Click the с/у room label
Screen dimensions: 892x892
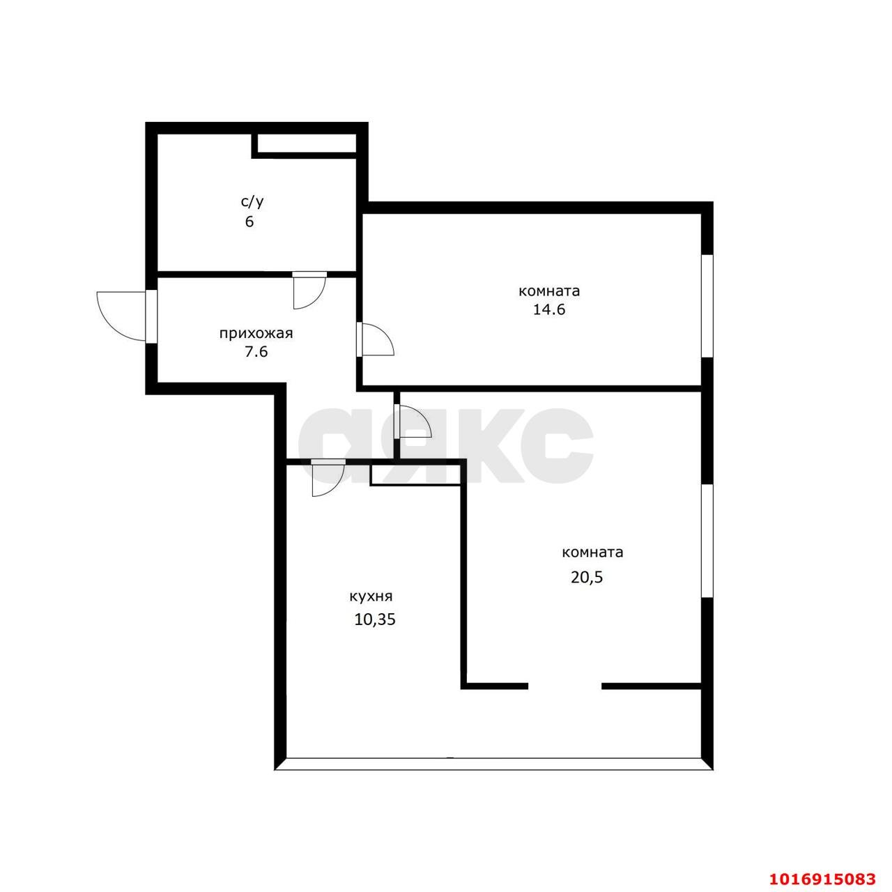pyautogui.click(x=252, y=202)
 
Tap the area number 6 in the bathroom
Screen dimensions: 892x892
pyautogui.click(x=249, y=222)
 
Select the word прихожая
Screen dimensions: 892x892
pyautogui.click(x=256, y=334)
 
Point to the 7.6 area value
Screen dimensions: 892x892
pyautogui.click(x=256, y=352)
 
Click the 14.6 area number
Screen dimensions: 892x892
pyautogui.click(x=549, y=309)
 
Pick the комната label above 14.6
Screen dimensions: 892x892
pyautogui.click(x=549, y=291)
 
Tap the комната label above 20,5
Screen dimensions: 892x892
pyautogui.click(x=592, y=553)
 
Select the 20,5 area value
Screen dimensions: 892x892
pyautogui.click(x=587, y=578)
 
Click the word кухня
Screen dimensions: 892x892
pyautogui.click(x=371, y=597)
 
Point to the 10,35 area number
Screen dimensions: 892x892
pyautogui.click(x=375, y=620)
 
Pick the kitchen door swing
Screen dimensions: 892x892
pyautogui.click(x=328, y=479)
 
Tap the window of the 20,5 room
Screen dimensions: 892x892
pyautogui.click(x=707, y=541)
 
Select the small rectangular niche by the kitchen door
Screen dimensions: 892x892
pyautogui.click(x=415, y=475)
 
